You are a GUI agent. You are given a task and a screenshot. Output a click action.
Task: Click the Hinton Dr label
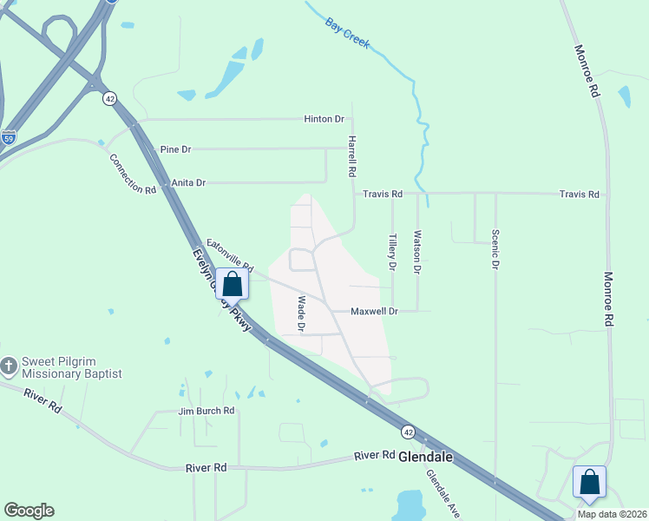pyautogui.click(x=324, y=119)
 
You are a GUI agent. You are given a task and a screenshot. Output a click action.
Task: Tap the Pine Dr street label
pyautogui.click(x=175, y=149)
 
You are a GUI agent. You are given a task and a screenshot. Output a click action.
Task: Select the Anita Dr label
pyautogui.click(x=188, y=182)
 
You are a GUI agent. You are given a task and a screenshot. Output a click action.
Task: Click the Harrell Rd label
pyautogui.click(x=352, y=156)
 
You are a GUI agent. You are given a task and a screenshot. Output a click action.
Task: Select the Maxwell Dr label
pyautogui.click(x=374, y=311)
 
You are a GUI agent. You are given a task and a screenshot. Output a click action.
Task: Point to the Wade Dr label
pyautogui.click(x=302, y=314)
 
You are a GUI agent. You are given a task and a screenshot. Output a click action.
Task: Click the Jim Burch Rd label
pyautogui.click(x=206, y=411)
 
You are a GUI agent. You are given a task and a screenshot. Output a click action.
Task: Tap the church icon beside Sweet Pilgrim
pyautogui.click(x=10, y=365)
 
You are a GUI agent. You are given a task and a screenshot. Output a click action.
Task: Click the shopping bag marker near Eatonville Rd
pyautogui.click(x=232, y=284)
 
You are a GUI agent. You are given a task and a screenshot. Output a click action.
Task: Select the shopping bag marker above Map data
pyautogui.click(x=589, y=481)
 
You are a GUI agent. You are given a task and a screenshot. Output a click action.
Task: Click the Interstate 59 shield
pyautogui.click(x=8, y=137)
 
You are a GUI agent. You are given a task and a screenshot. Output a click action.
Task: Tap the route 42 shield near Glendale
pyautogui.click(x=407, y=431)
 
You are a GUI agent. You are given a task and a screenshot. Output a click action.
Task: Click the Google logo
pyautogui.click(x=29, y=511)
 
